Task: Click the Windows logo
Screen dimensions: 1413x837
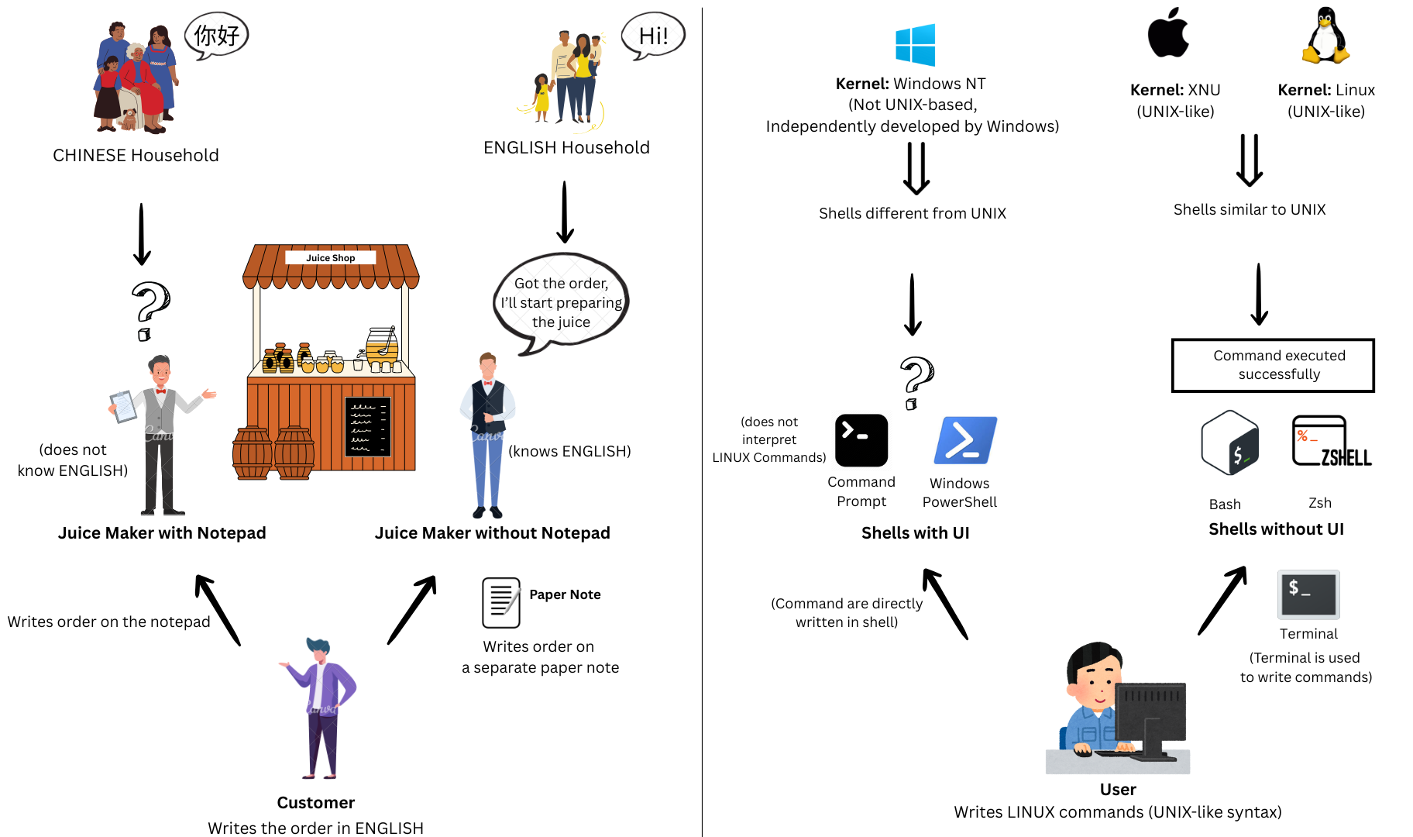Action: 915,45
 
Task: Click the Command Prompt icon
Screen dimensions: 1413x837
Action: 861,440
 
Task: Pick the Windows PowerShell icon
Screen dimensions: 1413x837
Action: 965,440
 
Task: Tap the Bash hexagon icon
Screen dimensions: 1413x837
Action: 1229,443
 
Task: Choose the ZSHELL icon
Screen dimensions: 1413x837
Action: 1331,441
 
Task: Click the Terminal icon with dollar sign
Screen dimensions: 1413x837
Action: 1308,594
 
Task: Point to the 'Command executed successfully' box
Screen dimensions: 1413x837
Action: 1273,365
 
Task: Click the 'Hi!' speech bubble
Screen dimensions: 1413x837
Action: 653,36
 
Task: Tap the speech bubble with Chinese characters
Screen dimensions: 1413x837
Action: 216,36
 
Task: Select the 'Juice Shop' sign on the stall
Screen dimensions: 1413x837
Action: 331,258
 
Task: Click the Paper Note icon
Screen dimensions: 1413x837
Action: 501,602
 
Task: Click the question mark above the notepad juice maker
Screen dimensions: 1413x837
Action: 150,311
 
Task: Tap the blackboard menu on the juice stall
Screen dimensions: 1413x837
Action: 368,426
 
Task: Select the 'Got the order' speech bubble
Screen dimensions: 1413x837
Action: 561,302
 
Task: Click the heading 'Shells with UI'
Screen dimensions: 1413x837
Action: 916,533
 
